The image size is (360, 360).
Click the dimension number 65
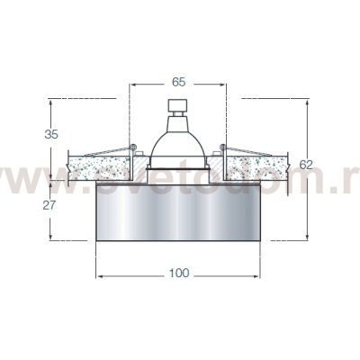point(178,81)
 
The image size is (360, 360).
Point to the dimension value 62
point(306,165)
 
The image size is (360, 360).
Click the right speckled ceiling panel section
point(260,166)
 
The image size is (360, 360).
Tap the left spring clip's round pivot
point(132,146)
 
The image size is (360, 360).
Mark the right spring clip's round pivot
point(225,146)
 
